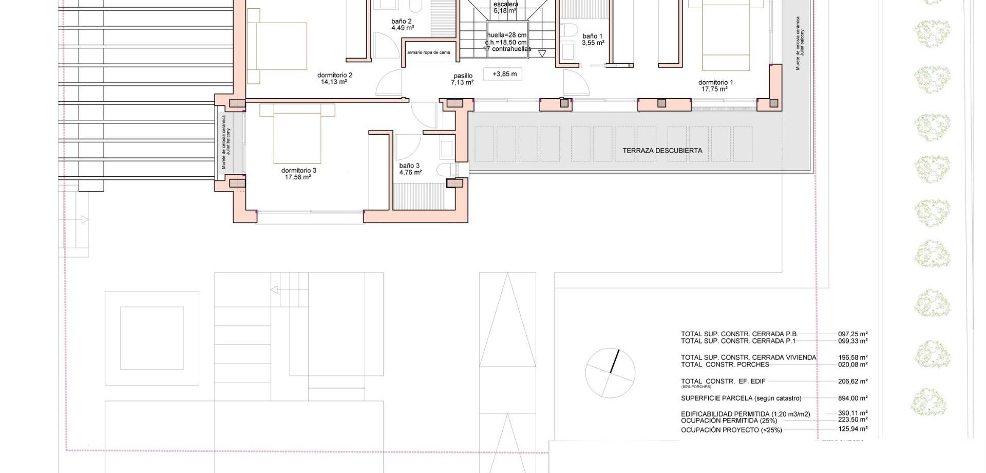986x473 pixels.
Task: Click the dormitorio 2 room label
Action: pyautogui.click(x=334, y=75)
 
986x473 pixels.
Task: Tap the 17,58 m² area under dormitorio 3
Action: pyautogui.click(x=298, y=177)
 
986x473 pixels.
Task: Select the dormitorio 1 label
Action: pyautogui.click(x=715, y=82)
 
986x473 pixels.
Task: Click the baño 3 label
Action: pyautogui.click(x=409, y=166)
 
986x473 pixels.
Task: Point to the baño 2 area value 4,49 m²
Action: pyautogui.click(x=403, y=28)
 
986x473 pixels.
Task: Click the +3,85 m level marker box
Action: pyautogui.click(x=504, y=74)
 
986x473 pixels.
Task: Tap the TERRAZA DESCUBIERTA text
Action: pyautogui.click(x=662, y=151)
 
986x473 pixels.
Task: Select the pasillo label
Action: pyautogui.click(x=463, y=76)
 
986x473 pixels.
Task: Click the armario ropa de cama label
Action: pyautogui.click(x=428, y=52)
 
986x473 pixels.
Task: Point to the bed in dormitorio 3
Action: pyautogui.click(x=297, y=134)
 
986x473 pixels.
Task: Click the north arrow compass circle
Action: pyautogui.click(x=610, y=373)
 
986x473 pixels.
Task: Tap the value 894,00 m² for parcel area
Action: pyautogui.click(x=852, y=398)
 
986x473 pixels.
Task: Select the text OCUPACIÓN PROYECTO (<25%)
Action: pyautogui.click(x=731, y=430)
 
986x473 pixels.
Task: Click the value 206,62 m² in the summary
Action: pyautogui.click(x=852, y=381)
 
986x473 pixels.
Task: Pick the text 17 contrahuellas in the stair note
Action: pyautogui.click(x=507, y=49)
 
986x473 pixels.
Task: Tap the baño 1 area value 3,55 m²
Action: pyautogui.click(x=593, y=43)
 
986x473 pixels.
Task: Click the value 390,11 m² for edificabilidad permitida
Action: pyautogui.click(x=852, y=413)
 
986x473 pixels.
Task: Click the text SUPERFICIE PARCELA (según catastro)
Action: pyautogui.click(x=741, y=398)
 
